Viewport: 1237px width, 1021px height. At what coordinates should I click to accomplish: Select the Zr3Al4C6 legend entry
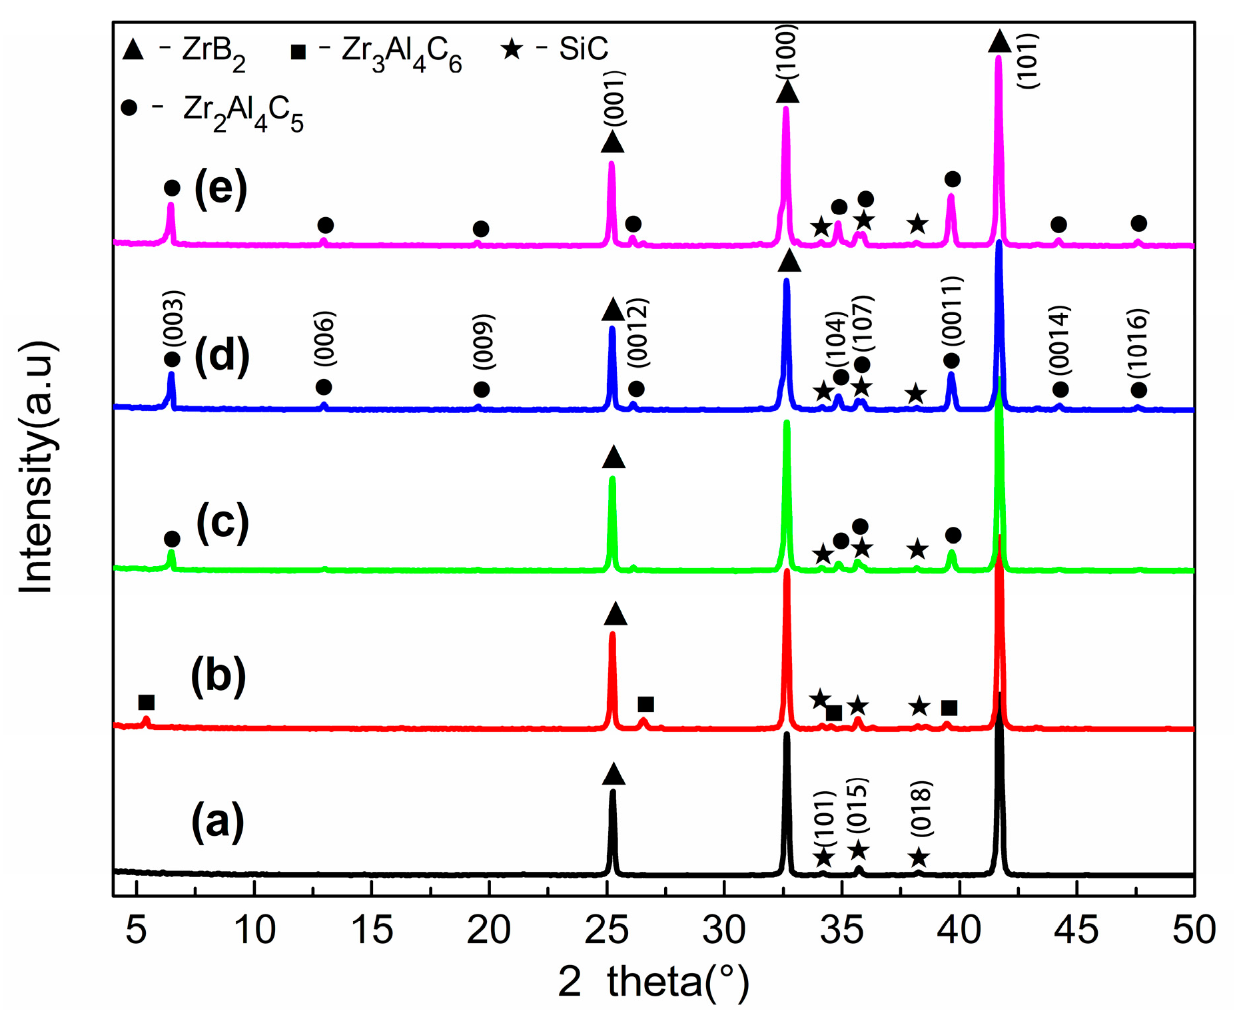coord(377,52)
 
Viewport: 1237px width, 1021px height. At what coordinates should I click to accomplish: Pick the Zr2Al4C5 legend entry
coord(213,111)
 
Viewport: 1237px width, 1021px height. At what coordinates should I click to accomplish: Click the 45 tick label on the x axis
coord(1076,930)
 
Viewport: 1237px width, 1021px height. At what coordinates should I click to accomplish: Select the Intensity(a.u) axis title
coord(36,466)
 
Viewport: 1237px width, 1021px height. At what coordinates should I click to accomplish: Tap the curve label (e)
coord(220,189)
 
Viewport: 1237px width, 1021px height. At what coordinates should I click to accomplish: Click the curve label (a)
coord(218,822)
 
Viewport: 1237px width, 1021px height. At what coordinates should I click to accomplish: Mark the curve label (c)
coord(222,523)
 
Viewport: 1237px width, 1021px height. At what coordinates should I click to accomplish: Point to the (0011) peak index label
coord(952,310)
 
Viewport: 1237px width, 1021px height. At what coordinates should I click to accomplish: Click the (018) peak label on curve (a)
coord(921,809)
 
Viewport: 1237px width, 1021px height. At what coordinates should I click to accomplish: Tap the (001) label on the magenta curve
coord(614,98)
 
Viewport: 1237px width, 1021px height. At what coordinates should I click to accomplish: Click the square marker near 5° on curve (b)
coord(147,703)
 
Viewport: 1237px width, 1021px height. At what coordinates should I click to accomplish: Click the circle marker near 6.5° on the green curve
coord(172,539)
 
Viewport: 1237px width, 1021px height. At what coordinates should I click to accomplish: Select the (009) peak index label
coord(484,341)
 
